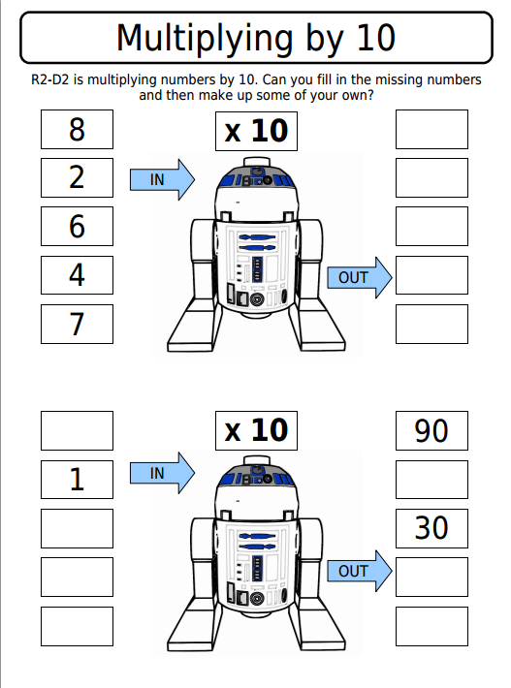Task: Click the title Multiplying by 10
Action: tap(255, 38)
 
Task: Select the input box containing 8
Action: tap(77, 129)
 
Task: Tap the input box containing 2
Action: tap(77, 177)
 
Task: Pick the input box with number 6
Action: tap(77, 227)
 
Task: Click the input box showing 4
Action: tap(77, 275)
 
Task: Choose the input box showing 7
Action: tap(77, 325)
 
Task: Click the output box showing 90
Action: tap(431, 430)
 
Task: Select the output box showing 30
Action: tap(431, 528)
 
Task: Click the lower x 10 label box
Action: tap(256, 430)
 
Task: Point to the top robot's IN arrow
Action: tap(162, 179)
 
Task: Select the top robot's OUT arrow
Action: tap(359, 278)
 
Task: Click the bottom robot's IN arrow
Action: tap(162, 473)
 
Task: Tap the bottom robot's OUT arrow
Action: tap(359, 572)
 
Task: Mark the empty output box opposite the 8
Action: tap(431, 129)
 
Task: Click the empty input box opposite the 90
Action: tap(77, 430)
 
